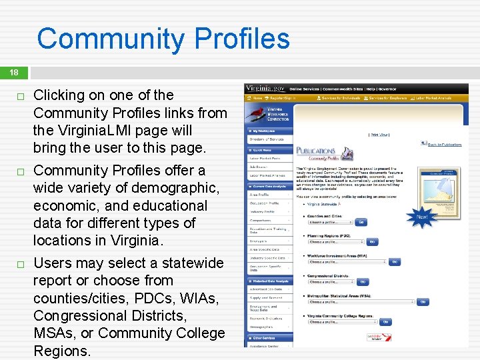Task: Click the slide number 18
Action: [14, 72]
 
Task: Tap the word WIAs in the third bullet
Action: [199, 297]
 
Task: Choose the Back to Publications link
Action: [444, 144]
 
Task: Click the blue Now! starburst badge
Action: [422, 217]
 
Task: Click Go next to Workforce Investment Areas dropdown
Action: [395, 262]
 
